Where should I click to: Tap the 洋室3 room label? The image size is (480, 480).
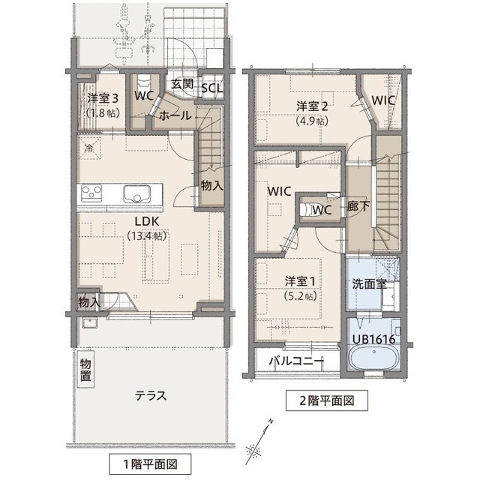pos(100,98)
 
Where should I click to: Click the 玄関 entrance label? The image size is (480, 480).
pos(182,84)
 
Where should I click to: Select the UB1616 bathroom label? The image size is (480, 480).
pos(373,339)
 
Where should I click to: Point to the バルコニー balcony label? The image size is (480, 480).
pos(296,361)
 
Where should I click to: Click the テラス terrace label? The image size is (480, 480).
pos(150,395)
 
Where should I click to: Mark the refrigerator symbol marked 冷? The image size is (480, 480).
pos(88,147)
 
